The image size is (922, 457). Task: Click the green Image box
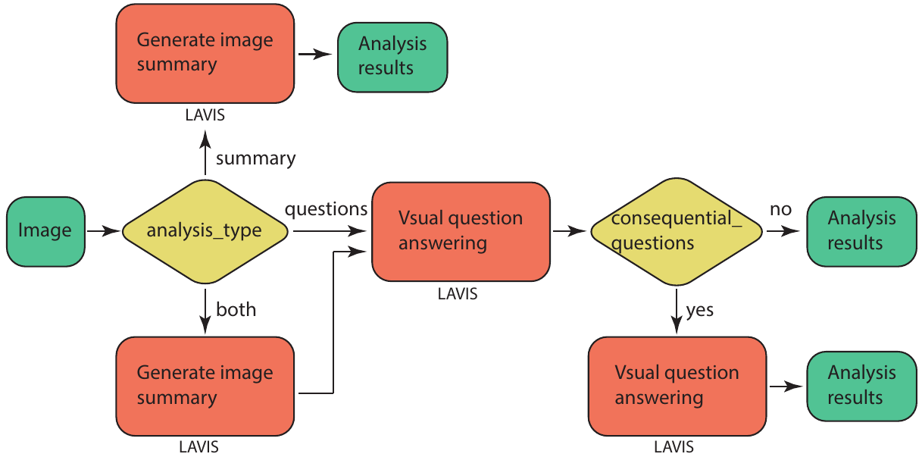click(x=45, y=230)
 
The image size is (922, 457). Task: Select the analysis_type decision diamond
click(x=205, y=230)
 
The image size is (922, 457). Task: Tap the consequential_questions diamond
click(x=676, y=230)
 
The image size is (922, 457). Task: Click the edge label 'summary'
click(x=255, y=158)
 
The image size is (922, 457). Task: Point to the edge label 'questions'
click(x=326, y=208)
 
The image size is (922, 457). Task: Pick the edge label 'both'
click(x=236, y=309)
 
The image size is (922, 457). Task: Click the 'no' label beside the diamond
click(x=780, y=208)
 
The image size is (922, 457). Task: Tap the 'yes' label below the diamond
click(x=699, y=310)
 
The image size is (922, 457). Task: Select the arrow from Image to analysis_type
click(x=103, y=230)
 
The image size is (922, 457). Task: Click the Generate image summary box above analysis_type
click(x=205, y=52)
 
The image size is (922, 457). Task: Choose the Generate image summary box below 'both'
click(x=205, y=385)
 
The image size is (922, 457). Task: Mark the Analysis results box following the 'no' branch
click(x=861, y=230)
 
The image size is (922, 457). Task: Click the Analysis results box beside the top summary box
click(x=392, y=56)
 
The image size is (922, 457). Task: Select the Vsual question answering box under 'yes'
click(x=677, y=385)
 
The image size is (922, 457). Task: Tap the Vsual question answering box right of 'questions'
click(x=461, y=230)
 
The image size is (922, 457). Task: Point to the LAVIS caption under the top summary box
click(x=205, y=116)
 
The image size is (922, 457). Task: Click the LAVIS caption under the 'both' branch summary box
click(x=198, y=446)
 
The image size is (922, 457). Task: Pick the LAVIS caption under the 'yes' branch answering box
click(x=673, y=447)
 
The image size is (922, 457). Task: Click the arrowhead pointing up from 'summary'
click(x=205, y=138)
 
